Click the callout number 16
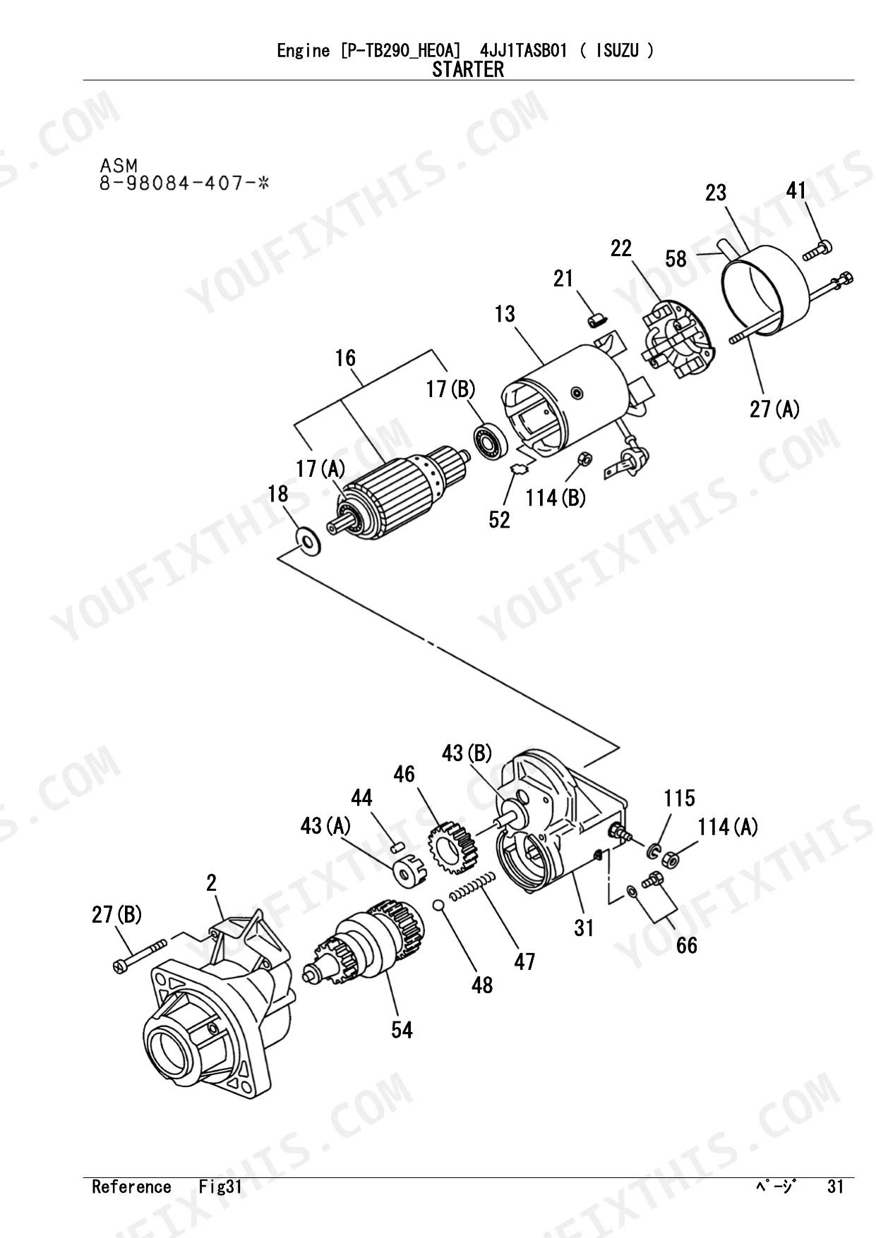[x=345, y=358]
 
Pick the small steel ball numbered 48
[x=439, y=905]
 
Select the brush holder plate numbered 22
[x=677, y=341]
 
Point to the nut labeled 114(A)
[x=671, y=860]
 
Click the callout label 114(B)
[x=556, y=498]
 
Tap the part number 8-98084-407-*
[x=185, y=185]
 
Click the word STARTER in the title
[x=468, y=70]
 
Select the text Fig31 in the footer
[x=220, y=1187]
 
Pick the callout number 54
[x=402, y=1029]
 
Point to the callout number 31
[x=584, y=928]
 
